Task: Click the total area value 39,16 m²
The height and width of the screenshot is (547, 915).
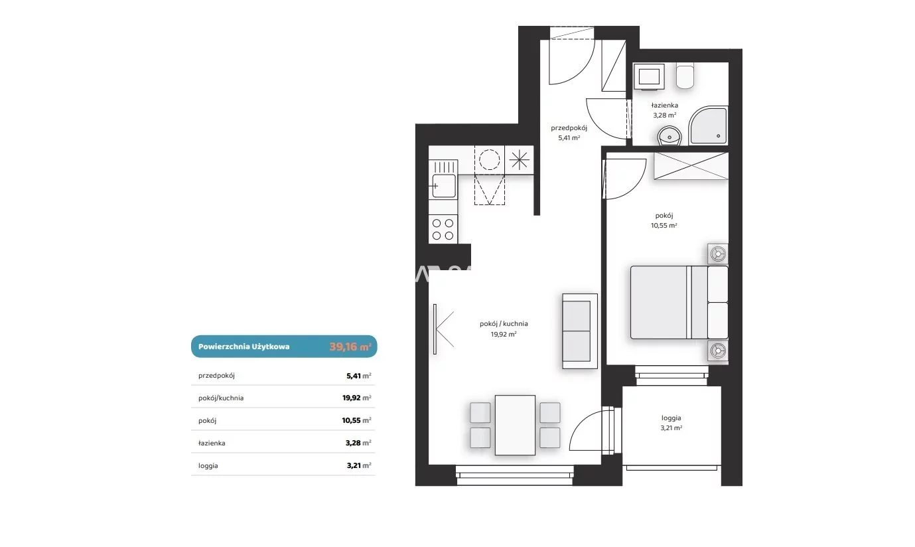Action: point(350,347)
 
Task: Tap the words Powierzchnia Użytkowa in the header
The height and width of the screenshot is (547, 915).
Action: point(244,347)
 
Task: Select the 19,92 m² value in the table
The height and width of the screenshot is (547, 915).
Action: point(356,398)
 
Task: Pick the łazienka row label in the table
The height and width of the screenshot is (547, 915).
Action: point(212,443)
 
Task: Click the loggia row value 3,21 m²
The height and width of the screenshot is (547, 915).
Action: point(359,465)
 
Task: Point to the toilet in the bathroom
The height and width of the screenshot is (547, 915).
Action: point(685,76)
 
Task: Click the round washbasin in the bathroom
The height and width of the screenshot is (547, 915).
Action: point(669,135)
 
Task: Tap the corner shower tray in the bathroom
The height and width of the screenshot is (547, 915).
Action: point(708,125)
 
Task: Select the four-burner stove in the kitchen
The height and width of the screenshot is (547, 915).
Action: point(443,229)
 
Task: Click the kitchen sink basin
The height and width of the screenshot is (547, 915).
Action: point(444,186)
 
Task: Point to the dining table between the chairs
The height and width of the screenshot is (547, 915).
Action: point(515,425)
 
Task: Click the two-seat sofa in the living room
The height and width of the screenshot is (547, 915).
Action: point(580,331)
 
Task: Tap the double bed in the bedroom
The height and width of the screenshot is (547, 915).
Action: point(679,303)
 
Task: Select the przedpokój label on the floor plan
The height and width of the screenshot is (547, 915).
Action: point(569,128)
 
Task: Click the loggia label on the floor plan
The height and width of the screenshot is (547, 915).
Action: point(671,418)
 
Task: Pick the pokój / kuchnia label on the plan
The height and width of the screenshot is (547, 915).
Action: point(504,324)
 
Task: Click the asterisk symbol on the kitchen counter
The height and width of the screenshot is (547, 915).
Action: point(519,160)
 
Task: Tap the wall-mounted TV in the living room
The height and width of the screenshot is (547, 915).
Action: point(435,329)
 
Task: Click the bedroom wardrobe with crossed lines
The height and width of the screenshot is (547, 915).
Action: point(691,166)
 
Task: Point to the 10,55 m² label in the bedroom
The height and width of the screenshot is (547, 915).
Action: point(664,225)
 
